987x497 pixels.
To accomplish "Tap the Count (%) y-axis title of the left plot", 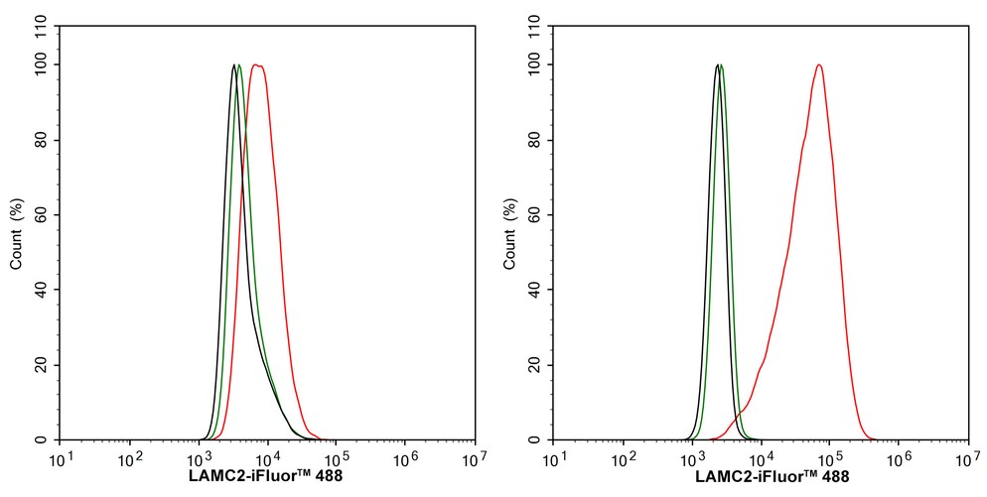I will coord(17,234).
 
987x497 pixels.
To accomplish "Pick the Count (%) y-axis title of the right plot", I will coord(510,234).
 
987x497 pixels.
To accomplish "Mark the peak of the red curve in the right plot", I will coord(819,65).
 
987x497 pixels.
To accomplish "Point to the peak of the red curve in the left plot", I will coord(258,65).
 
